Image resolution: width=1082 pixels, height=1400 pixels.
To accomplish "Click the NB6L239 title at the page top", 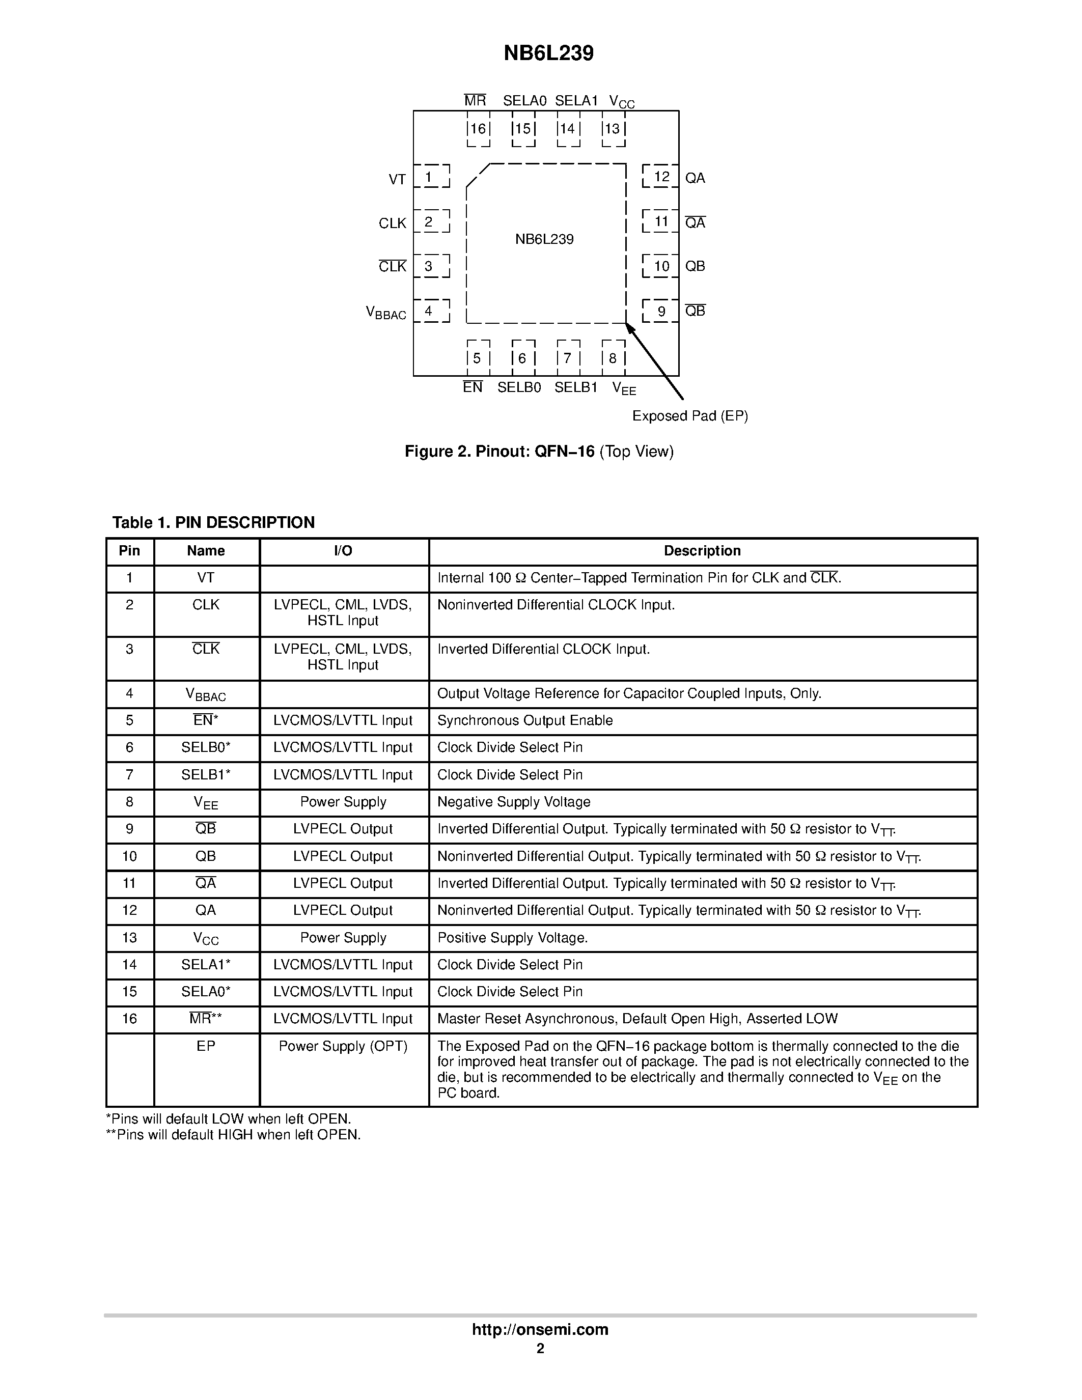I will coord(548,53).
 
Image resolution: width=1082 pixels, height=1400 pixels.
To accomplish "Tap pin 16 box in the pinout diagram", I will coord(478,129).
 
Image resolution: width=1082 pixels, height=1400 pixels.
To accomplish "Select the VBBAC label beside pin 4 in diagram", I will coord(386,313).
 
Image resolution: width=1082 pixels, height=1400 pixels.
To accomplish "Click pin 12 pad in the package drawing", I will coord(661,176).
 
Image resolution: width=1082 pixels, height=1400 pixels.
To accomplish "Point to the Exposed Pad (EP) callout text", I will coord(690,416).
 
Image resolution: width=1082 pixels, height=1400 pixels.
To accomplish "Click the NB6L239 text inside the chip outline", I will coord(544,240).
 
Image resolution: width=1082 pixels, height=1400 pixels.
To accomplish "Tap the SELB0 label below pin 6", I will coord(519,388).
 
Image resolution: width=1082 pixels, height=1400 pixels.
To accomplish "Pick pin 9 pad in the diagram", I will coord(661,312).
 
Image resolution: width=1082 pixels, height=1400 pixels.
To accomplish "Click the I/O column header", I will coord(343,551).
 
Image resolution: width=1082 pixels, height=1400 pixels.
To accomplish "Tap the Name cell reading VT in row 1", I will coord(206,578).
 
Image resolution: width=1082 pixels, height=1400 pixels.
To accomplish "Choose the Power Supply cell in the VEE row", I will coord(343,802).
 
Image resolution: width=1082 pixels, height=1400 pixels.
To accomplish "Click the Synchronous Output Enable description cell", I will coord(524,720).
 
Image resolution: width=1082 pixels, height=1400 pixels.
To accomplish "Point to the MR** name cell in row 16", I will coord(206,1019).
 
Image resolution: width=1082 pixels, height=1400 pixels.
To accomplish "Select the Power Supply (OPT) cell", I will coord(343,1046).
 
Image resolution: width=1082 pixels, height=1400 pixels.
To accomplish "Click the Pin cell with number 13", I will coord(129,938).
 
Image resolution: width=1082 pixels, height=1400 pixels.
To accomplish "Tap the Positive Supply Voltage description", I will coord(512,938).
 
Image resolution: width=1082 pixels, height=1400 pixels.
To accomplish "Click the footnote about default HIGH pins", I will coord(233,1135).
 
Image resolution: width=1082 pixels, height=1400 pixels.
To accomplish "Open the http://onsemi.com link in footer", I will coord(540,1329).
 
